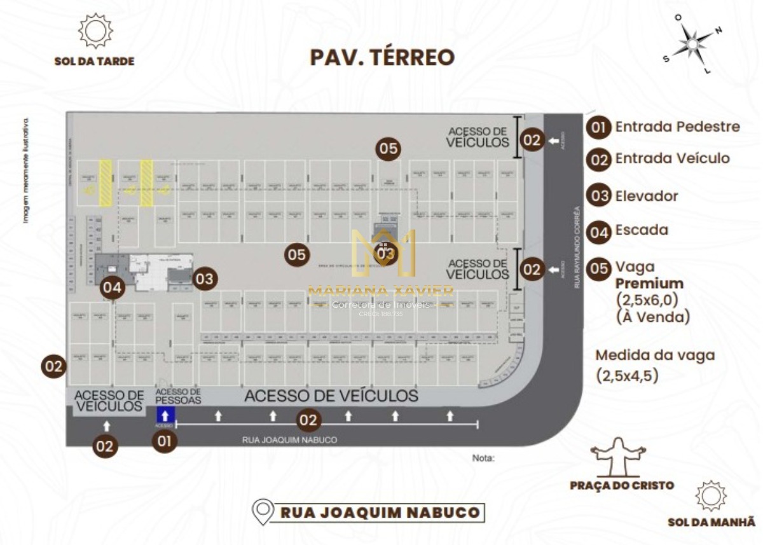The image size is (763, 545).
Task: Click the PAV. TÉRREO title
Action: [x=382, y=57]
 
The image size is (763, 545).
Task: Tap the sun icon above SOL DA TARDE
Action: [x=95, y=31]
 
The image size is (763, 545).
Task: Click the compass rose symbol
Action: [x=692, y=44]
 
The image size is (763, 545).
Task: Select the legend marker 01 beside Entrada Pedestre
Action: [x=598, y=127]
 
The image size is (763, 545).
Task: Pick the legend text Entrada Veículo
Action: [x=672, y=158]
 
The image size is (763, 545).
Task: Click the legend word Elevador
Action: [x=647, y=196]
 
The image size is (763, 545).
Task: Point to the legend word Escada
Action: [x=642, y=230]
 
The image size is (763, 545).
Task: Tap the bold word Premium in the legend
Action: [x=649, y=284]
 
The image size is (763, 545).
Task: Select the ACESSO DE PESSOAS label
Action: [x=178, y=396]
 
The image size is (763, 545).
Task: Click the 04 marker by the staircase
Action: [x=113, y=287]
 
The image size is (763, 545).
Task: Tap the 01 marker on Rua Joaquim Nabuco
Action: [x=165, y=441]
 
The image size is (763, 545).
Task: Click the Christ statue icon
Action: [x=618, y=457]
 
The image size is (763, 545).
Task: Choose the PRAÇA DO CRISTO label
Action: [x=621, y=485]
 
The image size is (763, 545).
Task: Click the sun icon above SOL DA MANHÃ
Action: [x=711, y=496]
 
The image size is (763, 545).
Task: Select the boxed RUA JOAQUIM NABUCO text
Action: [x=380, y=512]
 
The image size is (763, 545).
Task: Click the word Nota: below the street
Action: [x=483, y=457]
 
